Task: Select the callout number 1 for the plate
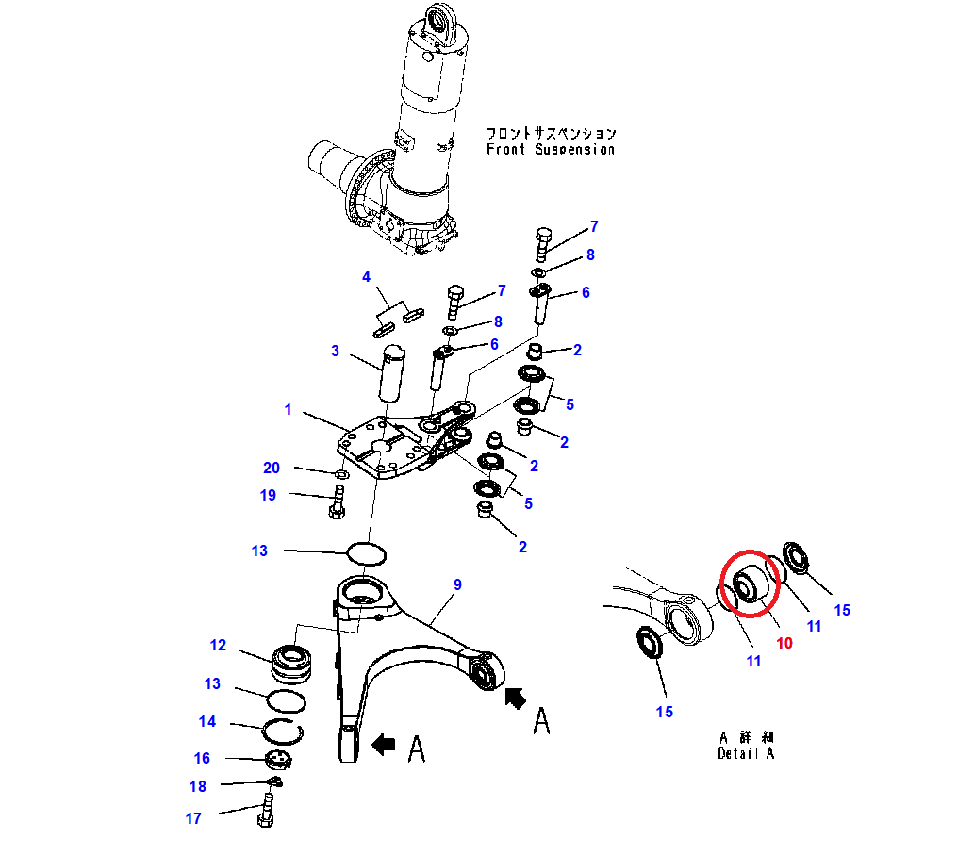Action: (289, 410)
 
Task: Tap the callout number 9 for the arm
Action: (457, 585)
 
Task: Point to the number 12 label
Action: (218, 645)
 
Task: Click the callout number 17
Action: (193, 818)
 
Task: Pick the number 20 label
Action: (272, 468)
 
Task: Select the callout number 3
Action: (335, 352)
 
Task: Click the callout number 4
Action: (368, 276)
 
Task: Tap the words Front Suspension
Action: (551, 149)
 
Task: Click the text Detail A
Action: (745, 752)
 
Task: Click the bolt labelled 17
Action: (265, 808)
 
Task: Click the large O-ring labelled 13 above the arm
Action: (367, 552)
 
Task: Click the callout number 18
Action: (197, 786)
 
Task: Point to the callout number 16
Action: (202, 758)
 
